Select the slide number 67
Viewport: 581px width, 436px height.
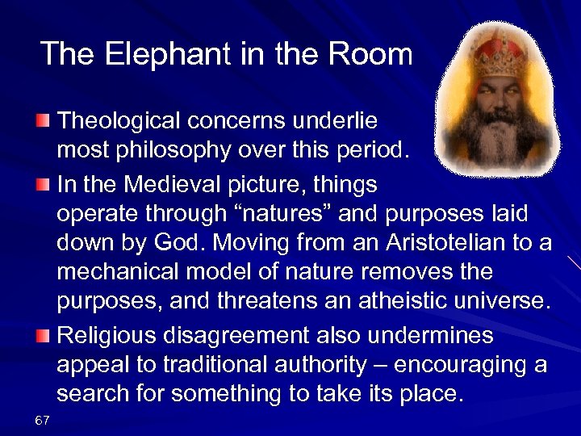[43, 420]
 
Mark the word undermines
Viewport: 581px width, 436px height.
[446, 334]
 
